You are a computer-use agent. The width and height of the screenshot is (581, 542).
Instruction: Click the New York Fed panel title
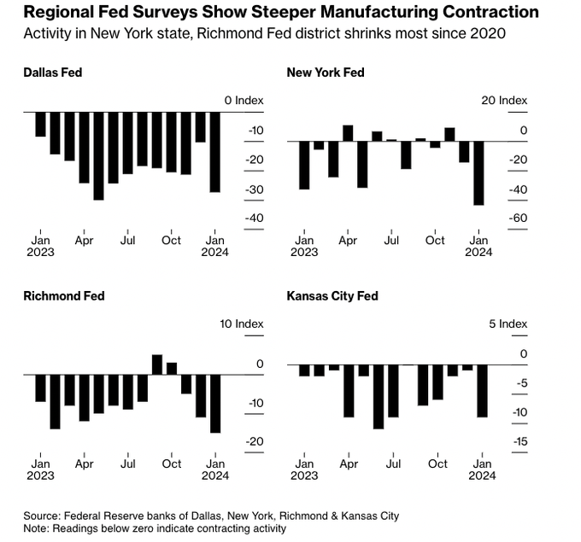(x=326, y=73)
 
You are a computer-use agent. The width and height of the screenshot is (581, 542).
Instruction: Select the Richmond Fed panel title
(x=64, y=296)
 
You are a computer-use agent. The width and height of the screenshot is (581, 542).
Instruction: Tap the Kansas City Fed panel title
(x=332, y=296)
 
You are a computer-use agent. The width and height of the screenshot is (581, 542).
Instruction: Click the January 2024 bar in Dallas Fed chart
(x=214, y=152)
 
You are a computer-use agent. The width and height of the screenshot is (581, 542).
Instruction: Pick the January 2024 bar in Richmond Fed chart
(x=214, y=404)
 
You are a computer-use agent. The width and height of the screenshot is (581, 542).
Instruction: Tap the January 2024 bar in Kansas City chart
(x=482, y=391)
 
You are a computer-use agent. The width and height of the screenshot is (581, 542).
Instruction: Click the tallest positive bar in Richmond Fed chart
(x=157, y=364)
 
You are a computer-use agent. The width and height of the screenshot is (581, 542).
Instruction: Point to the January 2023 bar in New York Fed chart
(x=303, y=165)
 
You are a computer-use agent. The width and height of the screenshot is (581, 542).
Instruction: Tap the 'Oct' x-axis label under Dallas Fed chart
(x=172, y=241)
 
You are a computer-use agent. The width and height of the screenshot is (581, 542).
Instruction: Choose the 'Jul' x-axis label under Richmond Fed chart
(x=128, y=464)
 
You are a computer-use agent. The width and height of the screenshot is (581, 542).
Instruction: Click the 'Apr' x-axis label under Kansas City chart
(x=349, y=464)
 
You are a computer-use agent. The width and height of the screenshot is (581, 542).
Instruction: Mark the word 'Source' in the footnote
(x=41, y=516)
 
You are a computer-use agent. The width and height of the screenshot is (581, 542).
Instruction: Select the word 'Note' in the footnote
(x=36, y=528)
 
